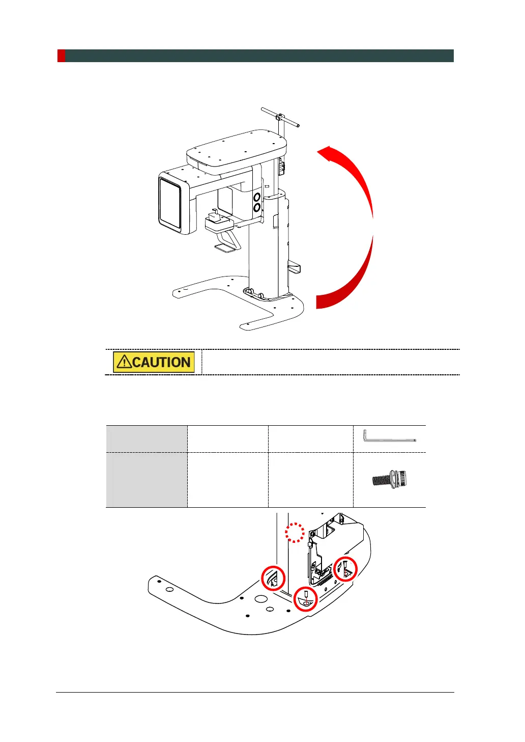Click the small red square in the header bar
[x=61, y=56]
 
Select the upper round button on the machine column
[x=257, y=196]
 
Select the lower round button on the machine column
[x=257, y=207]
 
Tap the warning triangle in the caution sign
[x=124, y=362]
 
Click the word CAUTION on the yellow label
[x=161, y=363]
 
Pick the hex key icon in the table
[x=389, y=437]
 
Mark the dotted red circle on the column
[x=295, y=532]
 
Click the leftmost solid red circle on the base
[x=273, y=578]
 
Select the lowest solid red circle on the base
[x=306, y=599]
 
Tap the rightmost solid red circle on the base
[x=345, y=569]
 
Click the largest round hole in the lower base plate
[x=261, y=599]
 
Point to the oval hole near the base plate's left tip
[x=170, y=589]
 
